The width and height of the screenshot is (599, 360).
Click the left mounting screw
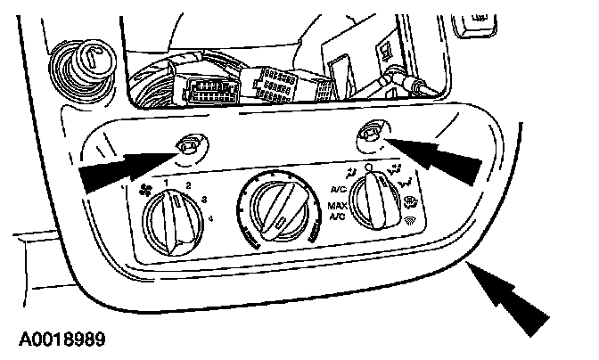coord(190,143)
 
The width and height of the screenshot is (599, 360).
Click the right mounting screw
coord(368,135)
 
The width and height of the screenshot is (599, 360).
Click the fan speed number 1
coord(166,181)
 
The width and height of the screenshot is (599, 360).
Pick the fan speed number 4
coord(210,219)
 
